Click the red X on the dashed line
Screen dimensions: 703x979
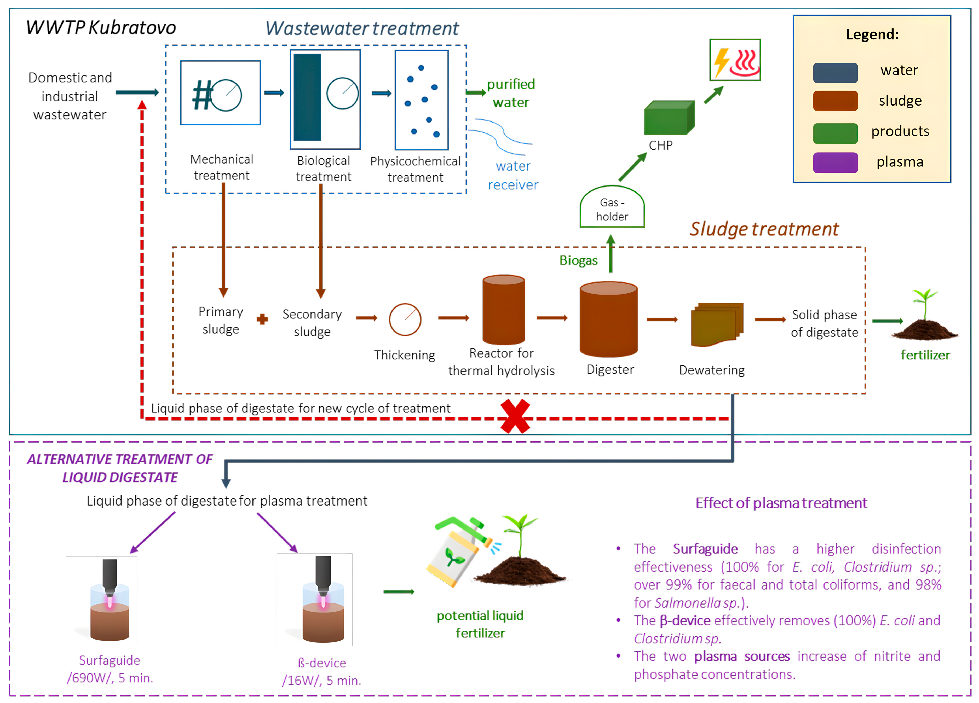(515, 416)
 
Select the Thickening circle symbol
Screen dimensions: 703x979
(405, 319)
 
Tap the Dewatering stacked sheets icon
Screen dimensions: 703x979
(717, 324)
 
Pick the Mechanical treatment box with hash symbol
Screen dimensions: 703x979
(220, 93)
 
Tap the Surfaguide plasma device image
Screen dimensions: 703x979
(102, 600)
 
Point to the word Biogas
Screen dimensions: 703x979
(578, 261)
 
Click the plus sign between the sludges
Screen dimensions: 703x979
(262, 319)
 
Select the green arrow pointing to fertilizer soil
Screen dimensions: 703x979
(887, 321)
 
